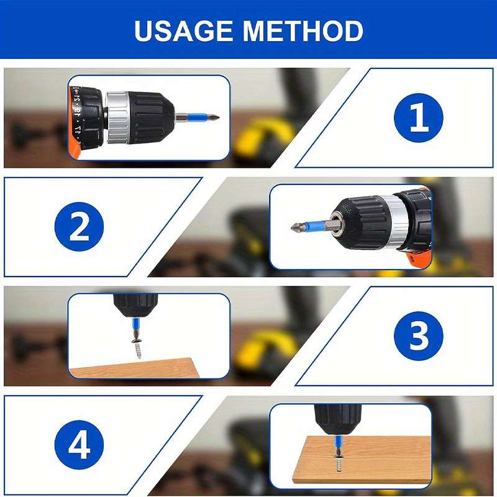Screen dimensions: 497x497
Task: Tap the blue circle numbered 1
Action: pos(419,117)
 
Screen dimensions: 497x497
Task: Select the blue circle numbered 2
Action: pos(79,227)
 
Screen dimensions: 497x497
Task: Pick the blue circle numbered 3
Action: pos(419,336)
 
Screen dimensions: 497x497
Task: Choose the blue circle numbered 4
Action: pos(79,445)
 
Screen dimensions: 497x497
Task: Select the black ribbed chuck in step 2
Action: pos(358,224)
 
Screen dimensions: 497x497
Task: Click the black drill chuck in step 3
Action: pos(135,304)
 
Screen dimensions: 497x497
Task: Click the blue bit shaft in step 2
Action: pos(317,226)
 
